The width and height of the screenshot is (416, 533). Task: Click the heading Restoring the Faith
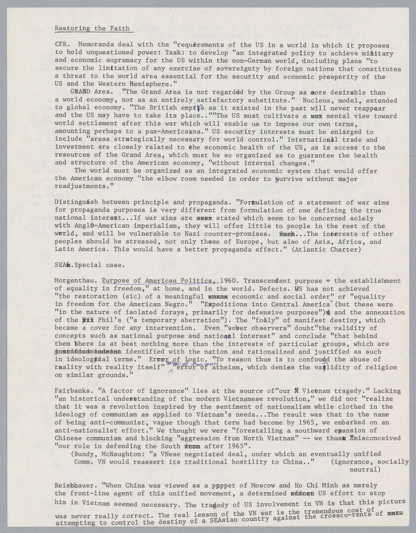click(x=92, y=29)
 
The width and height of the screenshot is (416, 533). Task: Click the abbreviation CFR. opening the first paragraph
click(x=62, y=45)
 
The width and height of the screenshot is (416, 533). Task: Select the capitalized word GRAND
click(x=80, y=92)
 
